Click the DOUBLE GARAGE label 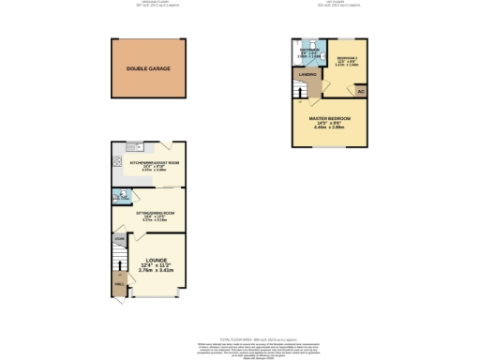pos(147,68)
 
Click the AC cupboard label pos(360,91)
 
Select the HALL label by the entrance pos(119,280)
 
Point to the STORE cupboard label pos(119,240)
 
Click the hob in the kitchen pos(117,159)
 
